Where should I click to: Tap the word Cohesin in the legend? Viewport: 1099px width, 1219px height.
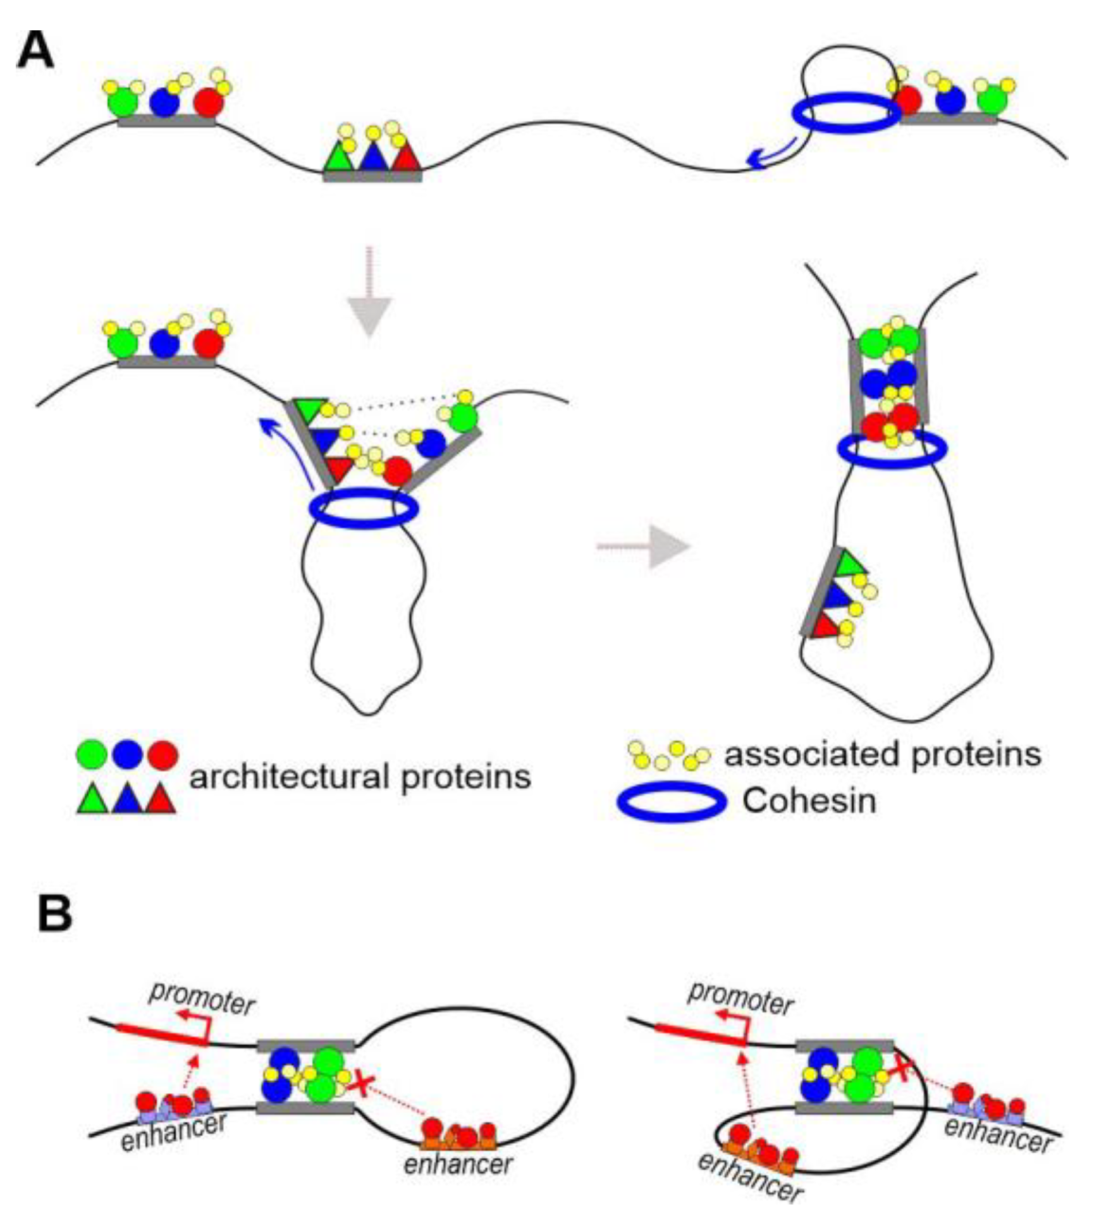[x=809, y=801]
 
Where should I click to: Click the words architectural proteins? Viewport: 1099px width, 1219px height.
[x=360, y=776]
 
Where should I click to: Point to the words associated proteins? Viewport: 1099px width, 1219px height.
[x=882, y=753]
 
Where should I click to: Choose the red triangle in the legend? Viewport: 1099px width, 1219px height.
[x=161, y=799]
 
